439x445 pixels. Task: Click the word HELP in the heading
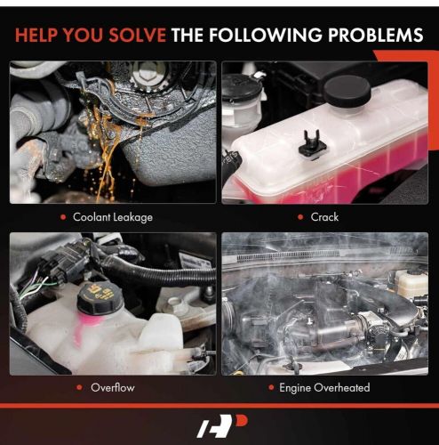(x=36, y=35)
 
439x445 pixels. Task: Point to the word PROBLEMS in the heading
(x=375, y=35)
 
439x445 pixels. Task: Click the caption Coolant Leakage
(x=113, y=217)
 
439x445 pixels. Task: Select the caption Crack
(x=324, y=217)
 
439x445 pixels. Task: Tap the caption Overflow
(x=113, y=387)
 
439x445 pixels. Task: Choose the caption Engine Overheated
(x=324, y=387)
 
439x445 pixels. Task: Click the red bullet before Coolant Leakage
(x=63, y=217)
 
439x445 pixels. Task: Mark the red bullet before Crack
(x=300, y=217)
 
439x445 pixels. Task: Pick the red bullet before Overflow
(x=79, y=387)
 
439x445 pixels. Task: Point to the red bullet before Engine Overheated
(x=271, y=387)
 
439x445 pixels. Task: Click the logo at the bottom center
(x=222, y=426)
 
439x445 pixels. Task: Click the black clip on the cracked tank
(x=313, y=143)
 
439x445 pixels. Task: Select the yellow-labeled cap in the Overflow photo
(x=100, y=299)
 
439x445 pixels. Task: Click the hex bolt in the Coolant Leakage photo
(x=147, y=74)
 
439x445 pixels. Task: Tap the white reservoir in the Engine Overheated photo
(x=411, y=282)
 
